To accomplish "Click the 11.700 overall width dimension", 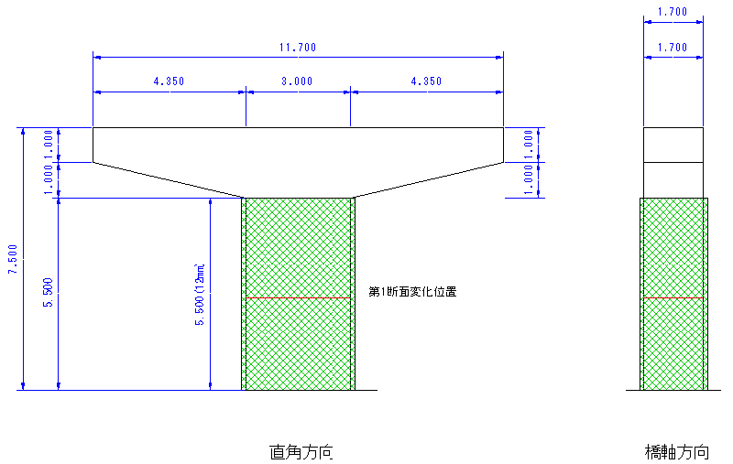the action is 298,48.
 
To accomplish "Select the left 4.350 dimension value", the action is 169,81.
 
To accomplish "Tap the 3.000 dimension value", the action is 297,81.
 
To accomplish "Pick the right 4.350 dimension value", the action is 426,81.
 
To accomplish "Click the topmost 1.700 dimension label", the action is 673,12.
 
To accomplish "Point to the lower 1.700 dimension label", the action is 673,48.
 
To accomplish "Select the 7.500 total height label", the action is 13,259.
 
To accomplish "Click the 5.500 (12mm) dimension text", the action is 200,294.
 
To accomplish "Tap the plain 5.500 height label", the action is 49,293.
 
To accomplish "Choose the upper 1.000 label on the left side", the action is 49,145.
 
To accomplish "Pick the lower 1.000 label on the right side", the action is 529,180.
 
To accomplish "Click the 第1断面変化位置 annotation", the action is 412,292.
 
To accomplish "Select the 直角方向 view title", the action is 301,452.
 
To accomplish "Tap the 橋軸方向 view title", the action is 677,452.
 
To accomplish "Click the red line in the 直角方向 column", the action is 299,297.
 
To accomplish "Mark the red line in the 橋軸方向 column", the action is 673,297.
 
